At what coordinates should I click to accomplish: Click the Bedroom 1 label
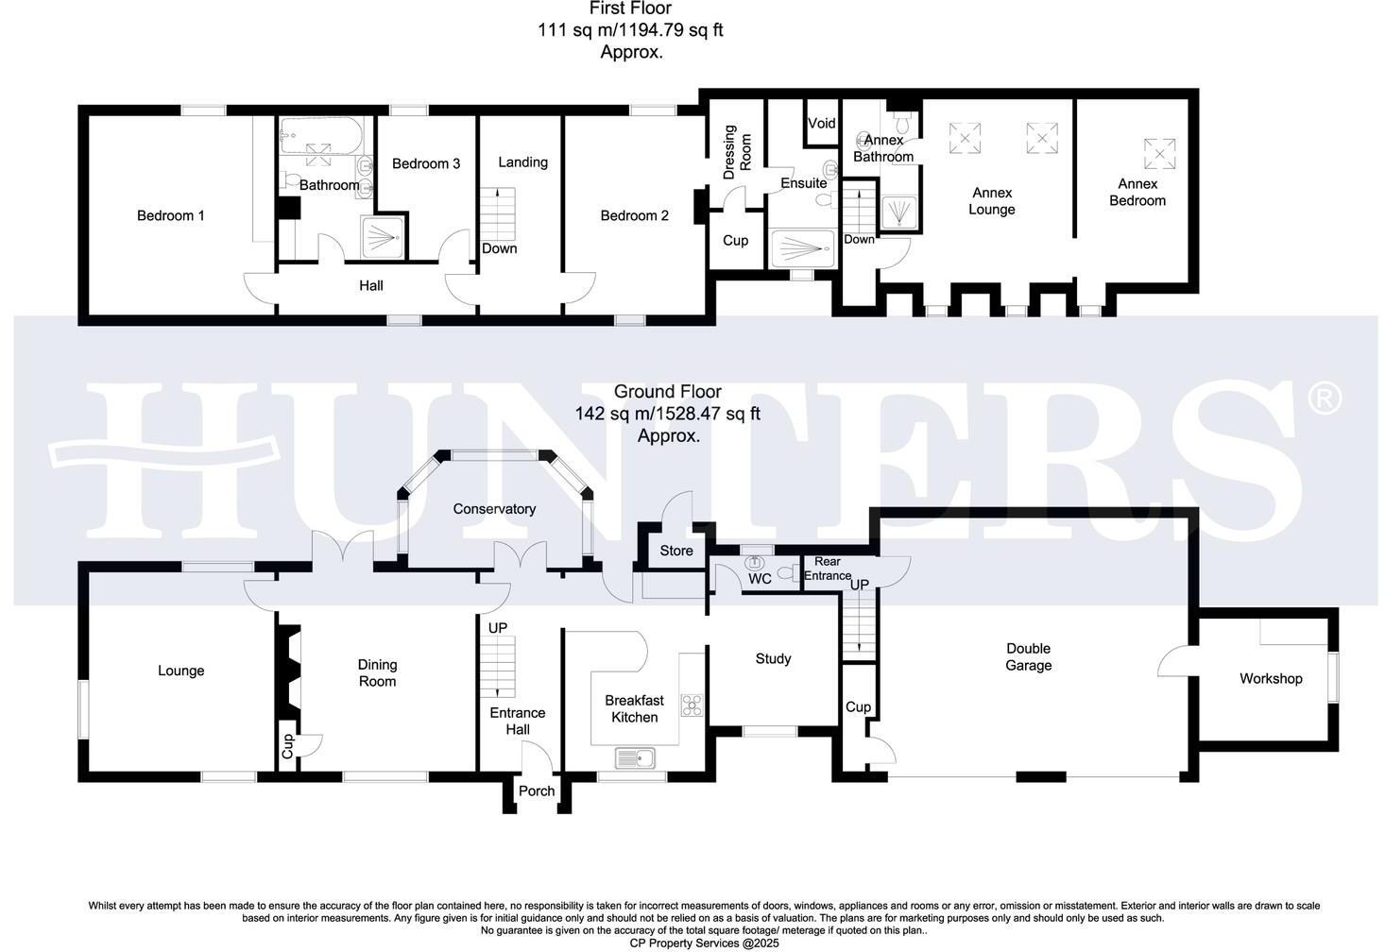point(170,215)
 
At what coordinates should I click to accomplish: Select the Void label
point(821,123)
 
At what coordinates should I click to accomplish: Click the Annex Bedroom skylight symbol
point(1158,152)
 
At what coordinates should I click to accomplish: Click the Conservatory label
point(493,509)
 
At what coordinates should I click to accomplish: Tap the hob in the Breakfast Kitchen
point(692,705)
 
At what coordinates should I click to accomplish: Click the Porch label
point(536,791)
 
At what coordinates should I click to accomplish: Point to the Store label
point(675,551)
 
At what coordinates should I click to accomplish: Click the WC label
point(760,579)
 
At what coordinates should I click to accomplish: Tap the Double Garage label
point(1028,656)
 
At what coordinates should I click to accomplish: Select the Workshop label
point(1270,678)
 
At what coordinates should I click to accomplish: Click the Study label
point(772,658)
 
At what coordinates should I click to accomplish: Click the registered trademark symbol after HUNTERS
point(1324,398)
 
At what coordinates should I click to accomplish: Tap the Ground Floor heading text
point(667,391)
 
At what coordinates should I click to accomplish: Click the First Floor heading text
point(630,8)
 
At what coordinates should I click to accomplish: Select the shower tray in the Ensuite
point(803,248)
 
